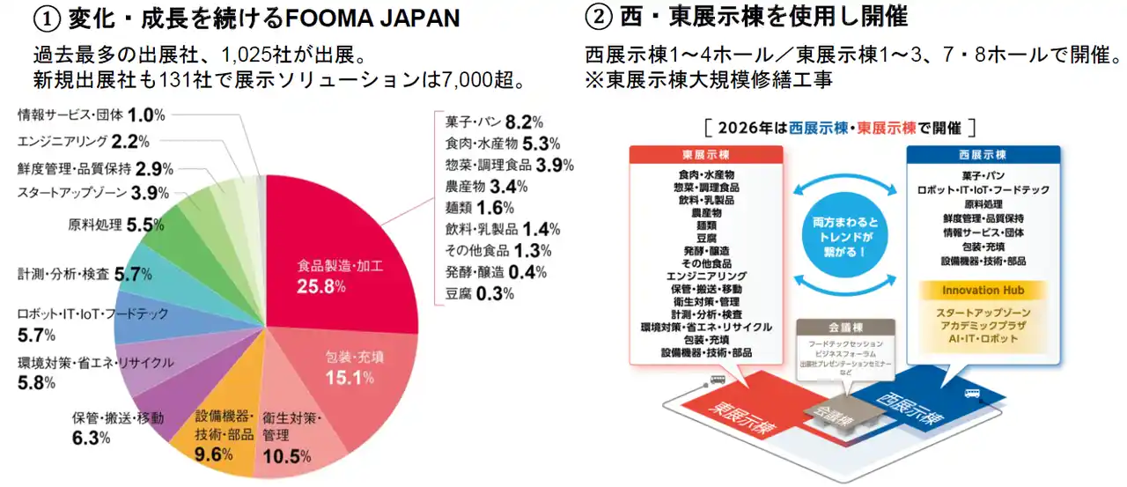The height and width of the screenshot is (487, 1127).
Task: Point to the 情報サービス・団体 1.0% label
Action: (x=92, y=114)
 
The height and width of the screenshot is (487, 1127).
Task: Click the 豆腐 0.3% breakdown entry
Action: (x=480, y=293)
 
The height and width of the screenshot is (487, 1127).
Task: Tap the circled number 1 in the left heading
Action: (x=46, y=17)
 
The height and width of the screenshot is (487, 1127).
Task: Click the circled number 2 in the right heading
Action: (x=597, y=17)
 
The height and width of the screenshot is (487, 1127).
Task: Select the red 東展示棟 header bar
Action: (x=706, y=152)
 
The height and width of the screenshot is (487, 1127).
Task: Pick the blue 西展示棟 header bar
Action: (x=983, y=152)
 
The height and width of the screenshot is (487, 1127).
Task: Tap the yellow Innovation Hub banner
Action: (x=983, y=290)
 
